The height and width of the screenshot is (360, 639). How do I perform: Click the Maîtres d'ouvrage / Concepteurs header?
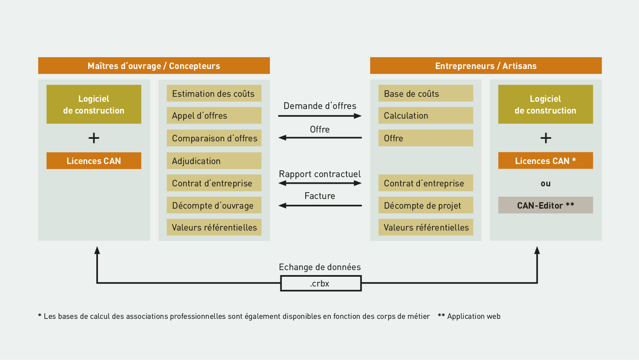pyautogui.click(x=154, y=66)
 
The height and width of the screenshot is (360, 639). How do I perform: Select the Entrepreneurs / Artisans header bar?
pyautogui.click(x=486, y=66)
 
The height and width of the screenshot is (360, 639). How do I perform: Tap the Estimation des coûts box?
pyautogui.click(x=214, y=93)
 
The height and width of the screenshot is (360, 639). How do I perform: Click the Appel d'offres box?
pyautogui.click(x=214, y=115)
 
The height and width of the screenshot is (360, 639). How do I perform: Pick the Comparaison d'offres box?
pyautogui.click(x=214, y=138)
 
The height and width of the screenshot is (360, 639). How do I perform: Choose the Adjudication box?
pyautogui.click(x=214, y=161)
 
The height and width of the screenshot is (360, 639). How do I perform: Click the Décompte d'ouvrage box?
pyautogui.click(x=214, y=205)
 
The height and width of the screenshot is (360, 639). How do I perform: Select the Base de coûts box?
pyautogui.click(x=425, y=93)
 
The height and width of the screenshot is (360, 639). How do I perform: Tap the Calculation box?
pyautogui.click(x=425, y=115)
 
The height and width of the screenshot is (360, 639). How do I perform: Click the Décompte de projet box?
pyautogui.click(x=425, y=205)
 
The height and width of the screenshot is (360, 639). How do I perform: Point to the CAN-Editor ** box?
pyautogui.click(x=545, y=205)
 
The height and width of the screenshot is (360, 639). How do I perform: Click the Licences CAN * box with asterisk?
pyautogui.click(x=545, y=161)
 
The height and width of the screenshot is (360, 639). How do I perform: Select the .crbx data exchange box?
pyautogui.click(x=321, y=283)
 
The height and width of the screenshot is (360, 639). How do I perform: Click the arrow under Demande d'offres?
pyautogui.click(x=320, y=116)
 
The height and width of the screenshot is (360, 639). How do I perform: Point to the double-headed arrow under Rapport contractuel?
pyautogui.click(x=320, y=183)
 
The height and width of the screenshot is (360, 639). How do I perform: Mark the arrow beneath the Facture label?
pyautogui.click(x=320, y=206)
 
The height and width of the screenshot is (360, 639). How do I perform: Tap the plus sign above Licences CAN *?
pyautogui.click(x=546, y=138)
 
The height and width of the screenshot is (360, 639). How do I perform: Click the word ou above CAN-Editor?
pyautogui.click(x=546, y=183)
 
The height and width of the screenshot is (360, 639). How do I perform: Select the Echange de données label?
pyautogui.click(x=320, y=267)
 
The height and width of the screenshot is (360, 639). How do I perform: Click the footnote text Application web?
pyautogui.click(x=473, y=316)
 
